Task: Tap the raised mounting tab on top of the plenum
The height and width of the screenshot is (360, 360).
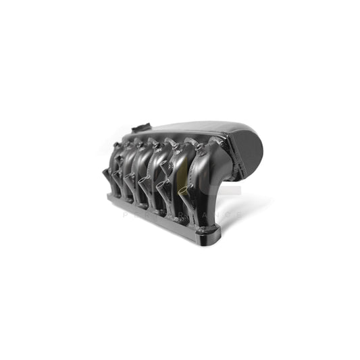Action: [140, 127]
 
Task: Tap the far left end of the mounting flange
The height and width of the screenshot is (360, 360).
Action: [109, 197]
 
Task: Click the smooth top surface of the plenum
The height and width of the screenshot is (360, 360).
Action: [189, 128]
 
